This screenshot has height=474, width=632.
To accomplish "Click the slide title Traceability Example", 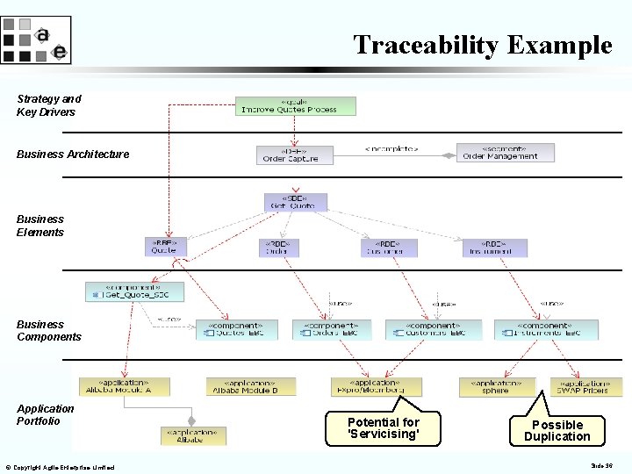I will [x=482, y=45].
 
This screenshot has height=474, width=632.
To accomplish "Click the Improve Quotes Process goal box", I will [x=297, y=105].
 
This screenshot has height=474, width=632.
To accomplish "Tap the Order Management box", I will [x=505, y=153].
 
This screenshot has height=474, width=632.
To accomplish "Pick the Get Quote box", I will [x=296, y=202].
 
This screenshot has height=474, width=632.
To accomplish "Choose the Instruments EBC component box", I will [x=545, y=329].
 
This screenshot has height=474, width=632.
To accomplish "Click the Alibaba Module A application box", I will [x=124, y=386].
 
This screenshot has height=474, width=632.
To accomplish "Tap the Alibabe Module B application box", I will [x=251, y=386].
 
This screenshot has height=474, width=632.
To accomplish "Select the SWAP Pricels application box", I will [x=585, y=386].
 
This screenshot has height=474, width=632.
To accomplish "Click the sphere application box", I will [x=497, y=386].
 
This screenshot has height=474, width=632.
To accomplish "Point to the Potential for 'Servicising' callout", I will [x=384, y=427].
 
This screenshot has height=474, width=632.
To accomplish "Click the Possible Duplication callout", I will [x=557, y=429].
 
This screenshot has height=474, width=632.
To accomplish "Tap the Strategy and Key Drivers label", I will [x=48, y=105].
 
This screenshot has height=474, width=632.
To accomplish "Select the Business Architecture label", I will [x=73, y=154].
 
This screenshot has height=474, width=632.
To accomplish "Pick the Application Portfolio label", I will [x=46, y=414].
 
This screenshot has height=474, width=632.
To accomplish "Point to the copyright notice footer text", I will [x=59, y=468].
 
